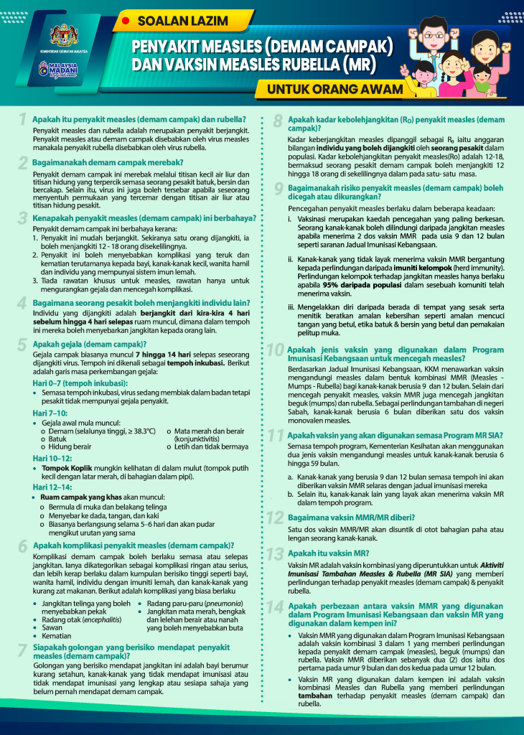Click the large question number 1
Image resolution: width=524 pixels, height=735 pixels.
[23, 119]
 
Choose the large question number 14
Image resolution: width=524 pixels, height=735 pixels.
[276, 607]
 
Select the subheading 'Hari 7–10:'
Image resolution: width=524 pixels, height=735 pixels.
[50, 413]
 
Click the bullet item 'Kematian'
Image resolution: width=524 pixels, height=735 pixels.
[58, 636]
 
